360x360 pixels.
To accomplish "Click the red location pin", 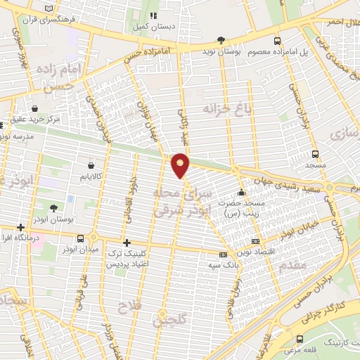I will pos(181,165).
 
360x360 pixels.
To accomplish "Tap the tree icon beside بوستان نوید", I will pos(222,40).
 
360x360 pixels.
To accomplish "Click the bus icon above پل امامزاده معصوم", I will pos(278,40).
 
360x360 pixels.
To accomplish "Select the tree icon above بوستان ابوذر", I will pos(54,207).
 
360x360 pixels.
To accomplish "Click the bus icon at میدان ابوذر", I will pos(81,238).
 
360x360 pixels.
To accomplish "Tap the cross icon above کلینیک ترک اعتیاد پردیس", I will pos(127,242).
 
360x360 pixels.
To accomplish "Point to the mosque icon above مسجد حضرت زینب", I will pos(242,192).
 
